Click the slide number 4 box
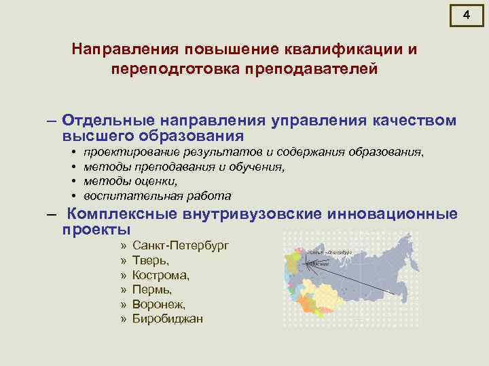[x=466, y=16]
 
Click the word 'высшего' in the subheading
[x=92, y=136]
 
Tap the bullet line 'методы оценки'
[x=130, y=182]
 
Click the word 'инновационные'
[x=393, y=214]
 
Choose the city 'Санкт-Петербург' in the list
[x=181, y=245]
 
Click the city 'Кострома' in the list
[x=161, y=275]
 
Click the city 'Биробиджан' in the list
[x=167, y=319]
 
